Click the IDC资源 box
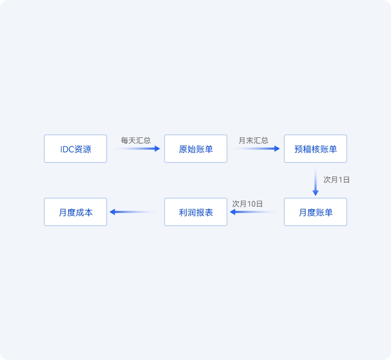[x=75, y=149]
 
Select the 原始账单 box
[x=195, y=149]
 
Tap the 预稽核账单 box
[x=315, y=149]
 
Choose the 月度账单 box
[x=315, y=212]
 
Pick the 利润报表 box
[x=195, y=212]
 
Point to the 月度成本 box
[x=75, y=212]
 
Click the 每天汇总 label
[x=136, y=141]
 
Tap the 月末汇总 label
[x=254, y=141]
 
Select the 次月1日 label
[x=336, y=180]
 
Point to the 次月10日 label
[x=248, y=204]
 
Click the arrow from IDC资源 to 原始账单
[x=136, y=149]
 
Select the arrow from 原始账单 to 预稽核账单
[x=256, y=149]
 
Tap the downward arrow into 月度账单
[x=315, y=181]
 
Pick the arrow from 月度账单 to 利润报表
[x=255, y=212]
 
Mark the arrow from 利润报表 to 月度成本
[x=134, y=212]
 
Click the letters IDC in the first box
[x=67, y=149]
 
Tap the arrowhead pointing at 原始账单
[x=157, y=149]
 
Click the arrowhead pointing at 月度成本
[x=112, y=212]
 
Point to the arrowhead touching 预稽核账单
[x=277, y=149]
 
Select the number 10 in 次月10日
[x=251, y=204]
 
